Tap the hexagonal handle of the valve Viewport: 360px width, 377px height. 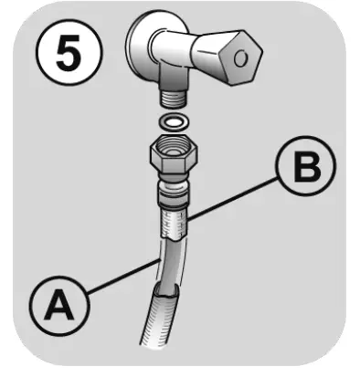point(228,56)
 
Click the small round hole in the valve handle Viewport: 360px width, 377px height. point(242,58)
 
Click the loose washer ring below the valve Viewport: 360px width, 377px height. point(173,121)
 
